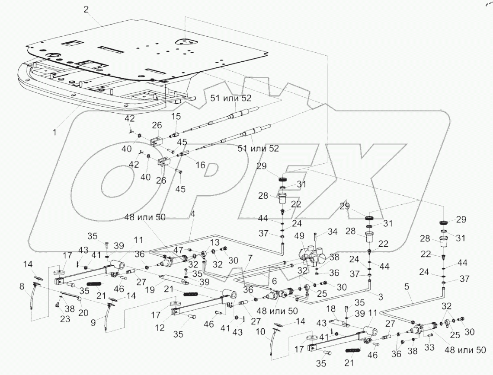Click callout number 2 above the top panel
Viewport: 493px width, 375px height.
pyautogui.click(x=86, y=9)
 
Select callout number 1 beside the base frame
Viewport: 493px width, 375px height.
pyautogui.click(x=54, y=132)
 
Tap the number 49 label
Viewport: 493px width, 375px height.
pyautogui.click(x=300, y=235)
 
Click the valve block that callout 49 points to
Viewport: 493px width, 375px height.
pyautogui.click(x=313, y=254)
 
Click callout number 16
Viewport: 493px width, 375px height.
pyautogui.click(x=200, y=165)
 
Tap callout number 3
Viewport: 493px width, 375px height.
pyautogui.click(x=381, y=297)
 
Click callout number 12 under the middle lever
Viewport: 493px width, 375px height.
pyautogui.click(x=160, y=327)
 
